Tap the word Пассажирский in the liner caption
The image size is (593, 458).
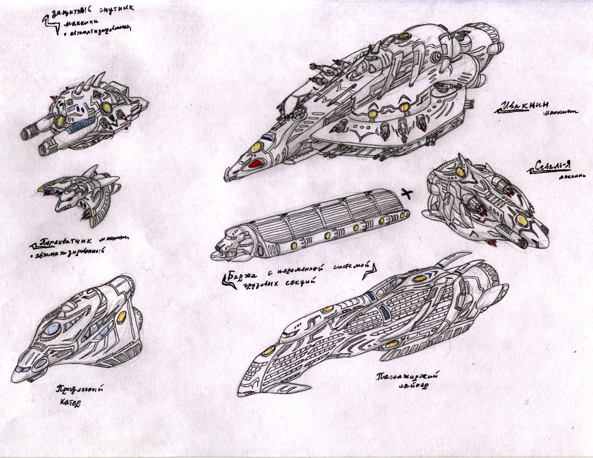coord(408,376)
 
